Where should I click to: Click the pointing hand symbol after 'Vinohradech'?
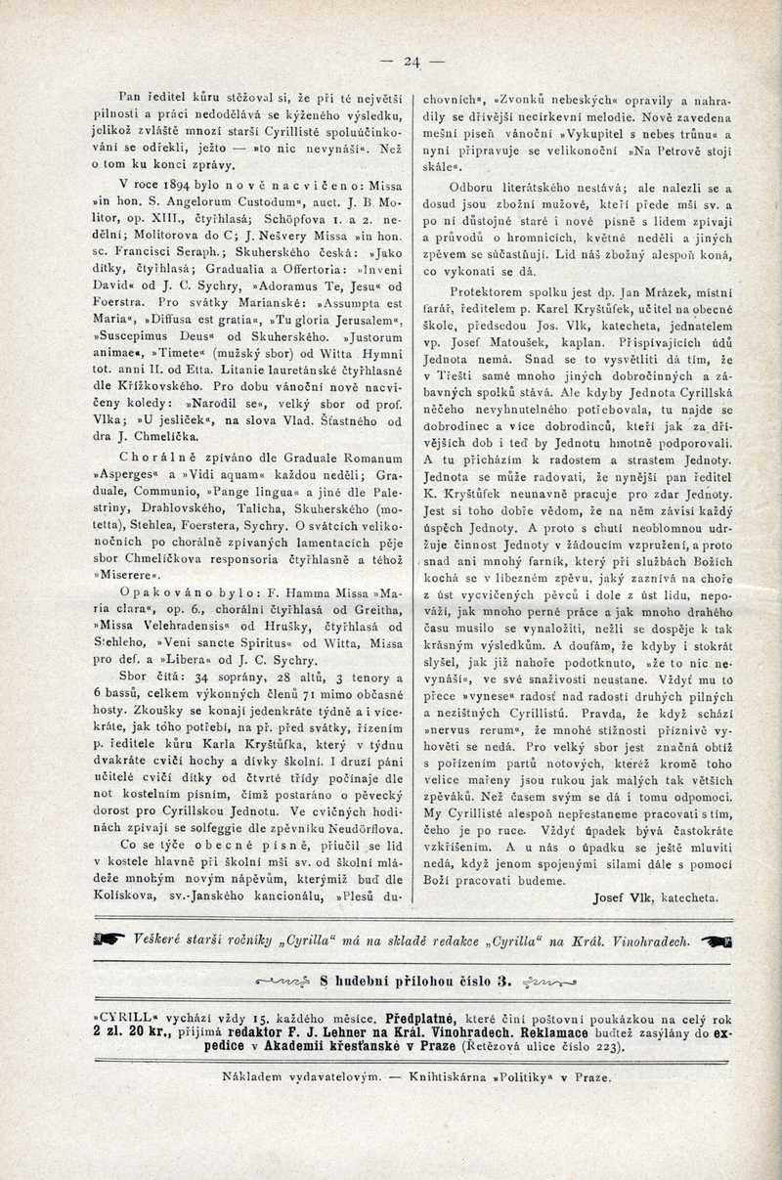click(716, 940)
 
